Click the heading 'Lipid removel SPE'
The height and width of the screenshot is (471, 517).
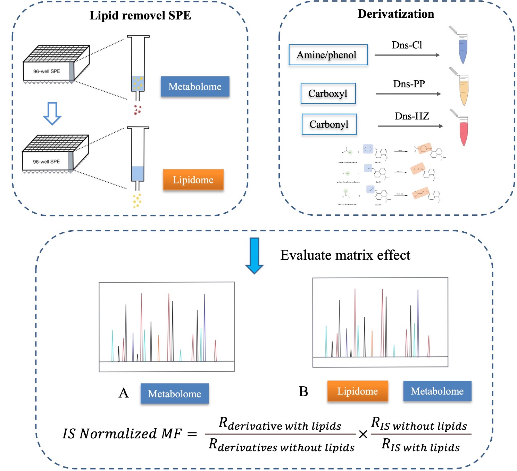pos(140,16)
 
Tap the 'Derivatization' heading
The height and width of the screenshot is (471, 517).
pos(396,14)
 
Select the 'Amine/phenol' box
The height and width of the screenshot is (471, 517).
pos(328,55)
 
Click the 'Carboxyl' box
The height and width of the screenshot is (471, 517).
pos(328,93)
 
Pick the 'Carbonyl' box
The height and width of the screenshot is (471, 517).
pos(329,124)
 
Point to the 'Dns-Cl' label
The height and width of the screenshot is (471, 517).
pos(407,45)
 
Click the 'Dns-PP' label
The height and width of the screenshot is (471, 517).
pos(409,84)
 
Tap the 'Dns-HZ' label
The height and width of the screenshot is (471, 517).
pos(412,116)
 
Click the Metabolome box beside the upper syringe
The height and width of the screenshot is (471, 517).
pos(195,86)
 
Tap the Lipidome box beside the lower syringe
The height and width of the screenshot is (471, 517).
pos(193,180)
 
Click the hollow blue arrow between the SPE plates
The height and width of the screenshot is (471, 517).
pos(52,113)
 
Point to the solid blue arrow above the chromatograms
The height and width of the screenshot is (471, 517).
pos(255,255)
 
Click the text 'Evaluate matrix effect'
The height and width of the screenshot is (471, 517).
pos(345,255)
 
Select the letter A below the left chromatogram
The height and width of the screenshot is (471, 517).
pos(124,393)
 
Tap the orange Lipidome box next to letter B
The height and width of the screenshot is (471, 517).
pos(357,391)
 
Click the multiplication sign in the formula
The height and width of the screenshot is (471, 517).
pos(363,434)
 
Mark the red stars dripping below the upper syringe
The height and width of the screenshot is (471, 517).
pos(137,110)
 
